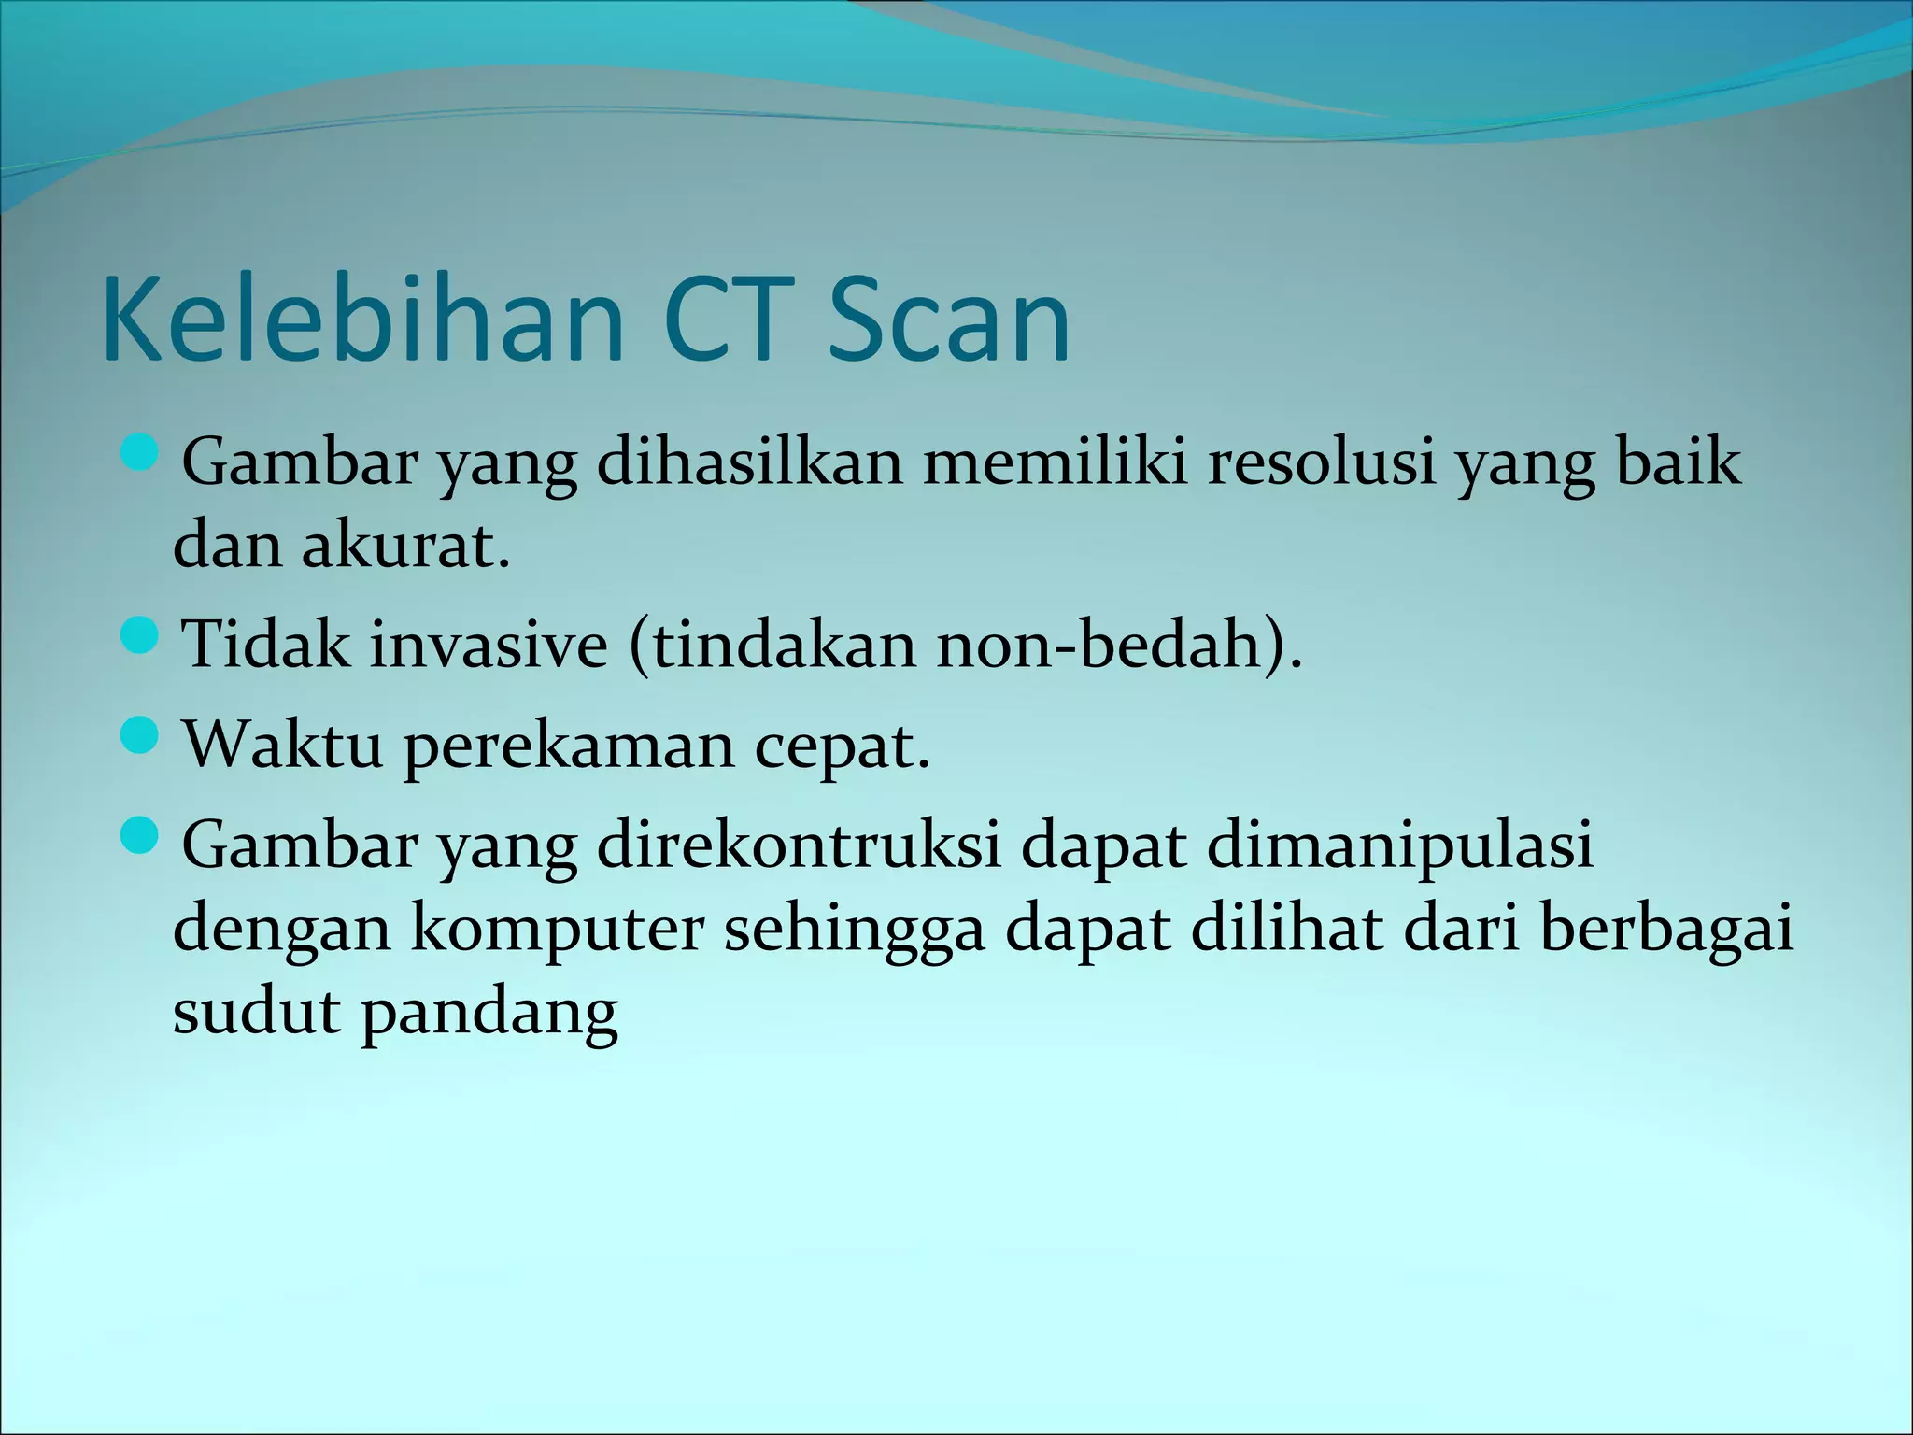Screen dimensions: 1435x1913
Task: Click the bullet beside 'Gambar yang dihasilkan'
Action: [141, 455]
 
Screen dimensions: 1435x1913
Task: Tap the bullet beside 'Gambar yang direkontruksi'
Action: [141, 837]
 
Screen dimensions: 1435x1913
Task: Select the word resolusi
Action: [1321, 462]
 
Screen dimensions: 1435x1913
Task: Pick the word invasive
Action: [489, 645]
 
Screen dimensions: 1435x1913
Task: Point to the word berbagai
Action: [1666, 931]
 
